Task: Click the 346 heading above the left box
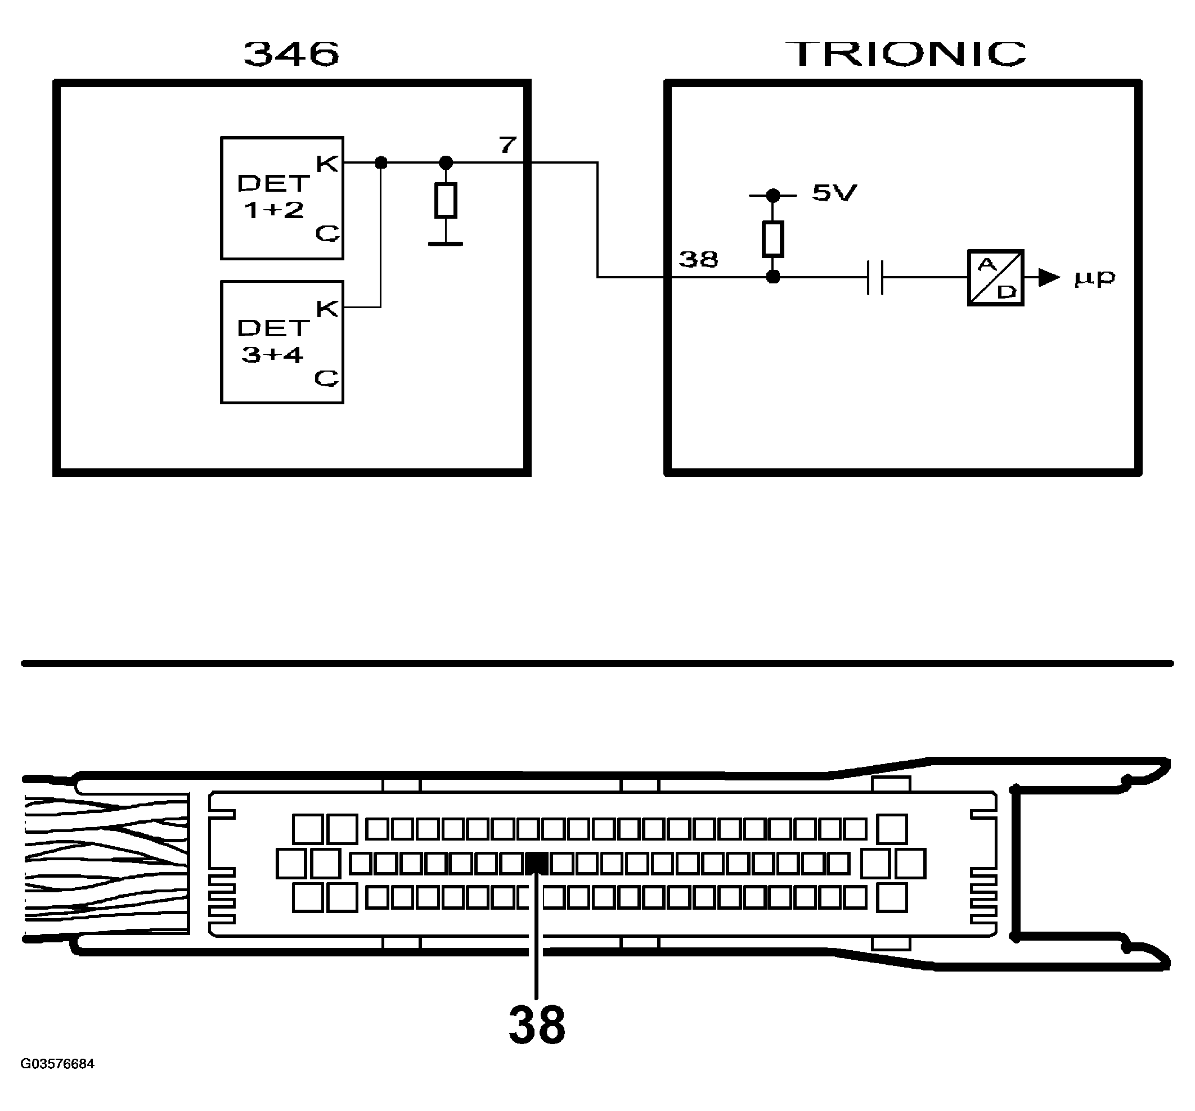[x=291, y=53]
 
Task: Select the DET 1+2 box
[x=282, y=198]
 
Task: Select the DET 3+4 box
[x=282, y=342]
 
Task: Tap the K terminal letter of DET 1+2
[x=327, y=164]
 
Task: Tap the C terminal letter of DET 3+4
[x=326, y=378]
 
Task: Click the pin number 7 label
[x=508, y=145]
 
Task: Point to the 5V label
[x=834, y=193]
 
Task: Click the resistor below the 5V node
[x=773, y=238]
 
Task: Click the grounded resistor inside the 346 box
[x=446, y=200]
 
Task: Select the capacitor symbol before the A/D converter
[x=875, y=277]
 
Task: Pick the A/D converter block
[x=995, y=277]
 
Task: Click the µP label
[x=1095, y=278]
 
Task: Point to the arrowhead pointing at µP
[x=1048, y=278]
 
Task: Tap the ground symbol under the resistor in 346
[x=446, y=243]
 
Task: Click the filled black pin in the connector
[x=536, y=864]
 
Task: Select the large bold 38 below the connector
[x=537, y=1024]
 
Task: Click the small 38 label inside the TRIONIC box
[x=698, y=260]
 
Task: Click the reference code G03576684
[x=58, y=1064]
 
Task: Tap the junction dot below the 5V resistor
[x=774, y=277]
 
